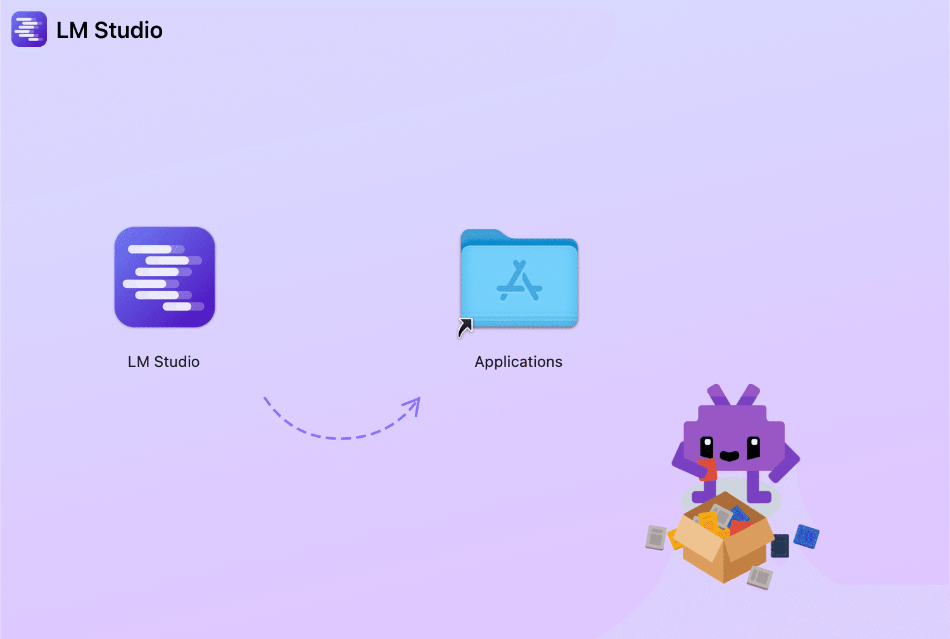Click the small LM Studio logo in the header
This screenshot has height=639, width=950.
click(x=29, y=29)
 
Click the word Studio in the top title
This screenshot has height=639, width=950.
click(x=129, y=30)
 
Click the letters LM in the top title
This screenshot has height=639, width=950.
click(x=72, y=30)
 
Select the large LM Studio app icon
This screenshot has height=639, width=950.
click(x=165, y=277)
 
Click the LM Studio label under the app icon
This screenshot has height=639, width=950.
click(x=163, y=362)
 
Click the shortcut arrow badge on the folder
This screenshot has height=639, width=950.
click(x=465, y=327)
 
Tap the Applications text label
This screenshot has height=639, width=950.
click(x=518, y=362)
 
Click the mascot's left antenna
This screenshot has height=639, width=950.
click(x=719, y=395)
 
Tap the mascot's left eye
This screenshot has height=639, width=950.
click(x=707, y=447)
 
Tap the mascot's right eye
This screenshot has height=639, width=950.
click(x=754, y=447)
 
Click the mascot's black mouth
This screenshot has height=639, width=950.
click(x=730, y=456)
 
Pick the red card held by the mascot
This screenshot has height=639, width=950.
click(x=709, y=469)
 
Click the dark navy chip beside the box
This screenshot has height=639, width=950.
click(x=780, y=545)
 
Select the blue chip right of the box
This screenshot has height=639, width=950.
click(x=807, y=537)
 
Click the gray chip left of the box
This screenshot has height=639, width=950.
click(x=656, y=538)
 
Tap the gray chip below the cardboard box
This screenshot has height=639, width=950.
click(x=759, y=577)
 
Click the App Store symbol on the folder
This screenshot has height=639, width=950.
click(x=519, y=281)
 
